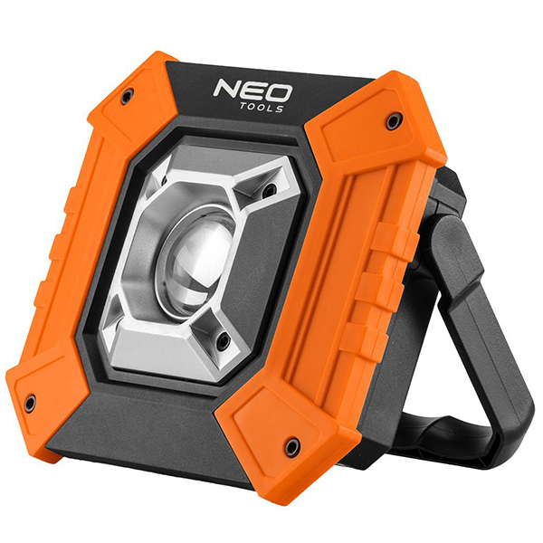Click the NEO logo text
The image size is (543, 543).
(252, 91)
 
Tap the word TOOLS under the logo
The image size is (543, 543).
(262, 108)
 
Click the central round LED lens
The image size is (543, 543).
(196, 262)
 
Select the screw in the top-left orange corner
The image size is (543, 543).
(127, 95)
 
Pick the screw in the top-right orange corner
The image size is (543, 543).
(393, 121)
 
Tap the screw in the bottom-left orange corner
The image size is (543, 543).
(30, 403)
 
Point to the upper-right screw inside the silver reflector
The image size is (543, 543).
(269, 189)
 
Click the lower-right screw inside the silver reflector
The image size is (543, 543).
(223, 342)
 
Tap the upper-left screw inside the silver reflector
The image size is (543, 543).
(164, 180)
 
